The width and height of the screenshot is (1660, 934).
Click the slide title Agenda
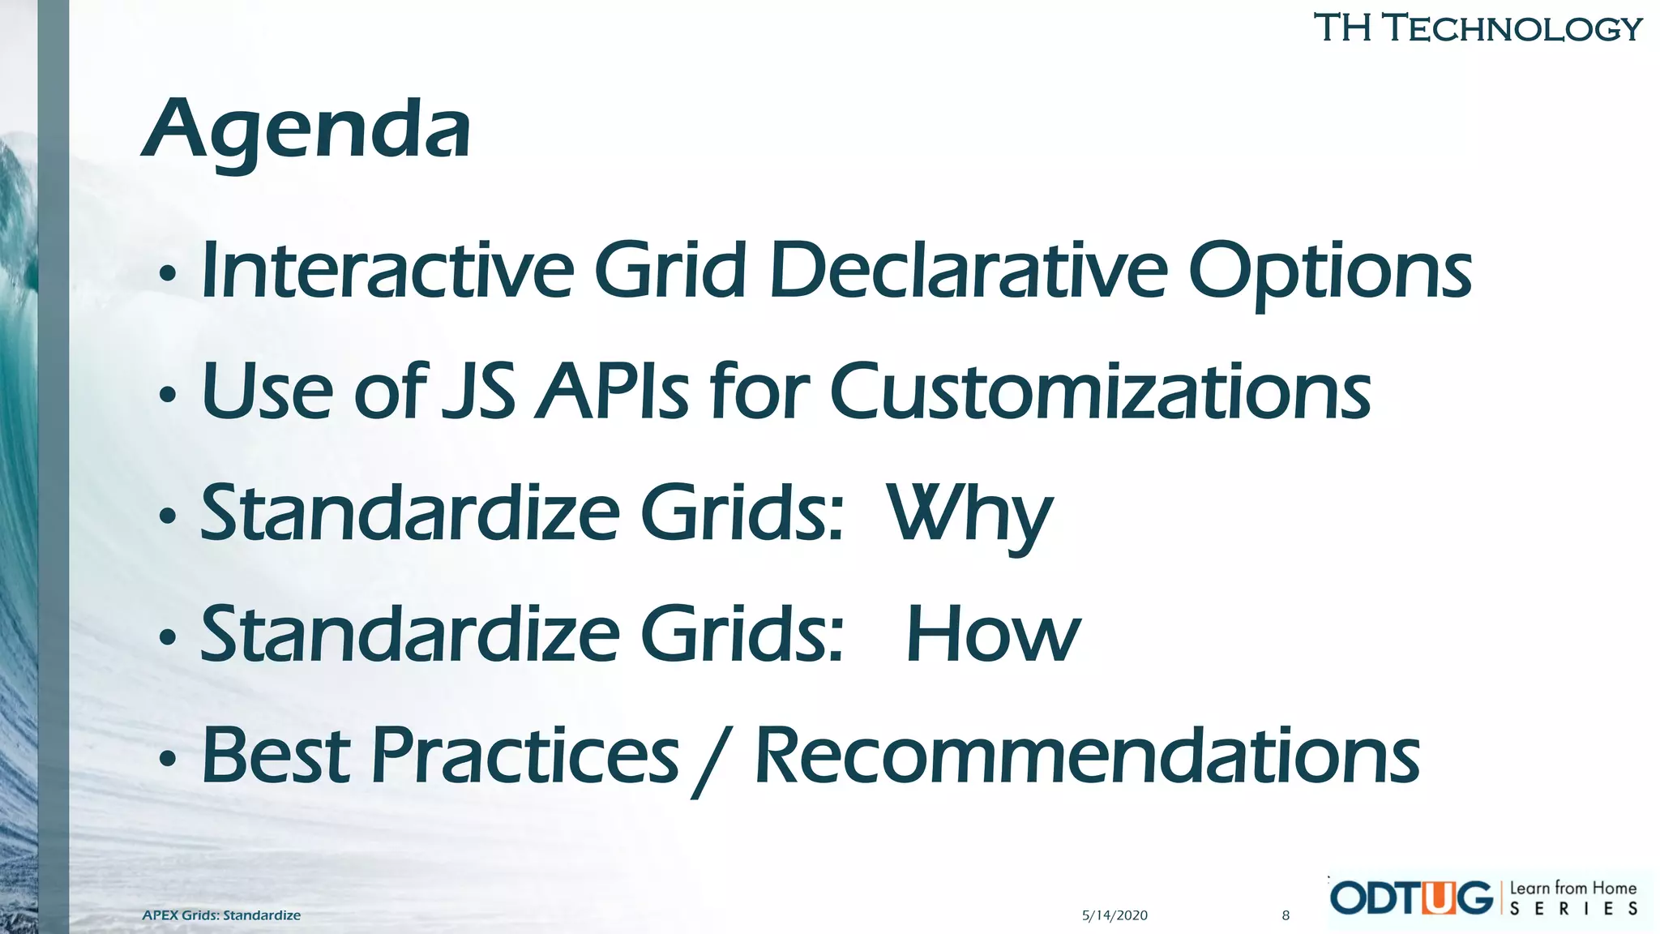(x=306, y=130)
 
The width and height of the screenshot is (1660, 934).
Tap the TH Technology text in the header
(x=1477, y=28)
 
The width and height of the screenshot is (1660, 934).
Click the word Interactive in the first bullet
(x=387, y=270)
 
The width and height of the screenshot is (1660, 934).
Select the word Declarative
(x=969, y=270)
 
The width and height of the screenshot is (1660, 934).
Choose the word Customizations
(x=1100, y=392)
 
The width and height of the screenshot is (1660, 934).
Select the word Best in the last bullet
(x=276, y=756)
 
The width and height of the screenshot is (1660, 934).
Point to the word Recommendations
(x=1087, y=756)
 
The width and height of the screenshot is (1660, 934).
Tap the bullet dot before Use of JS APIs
(x=168, y=396)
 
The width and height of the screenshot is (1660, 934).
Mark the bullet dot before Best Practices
(x=168, y=760)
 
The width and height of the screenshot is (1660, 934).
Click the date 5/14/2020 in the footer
(x=1115, y=915)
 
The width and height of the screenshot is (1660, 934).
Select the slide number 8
(x=1286, y=915)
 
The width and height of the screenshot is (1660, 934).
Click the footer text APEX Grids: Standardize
(x=221, y=915)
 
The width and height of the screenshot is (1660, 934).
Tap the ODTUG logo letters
(x=1411, y=898)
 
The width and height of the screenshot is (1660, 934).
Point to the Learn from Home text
(x=1572, y=888)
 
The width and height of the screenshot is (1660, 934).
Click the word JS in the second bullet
(x=478, y=392)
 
